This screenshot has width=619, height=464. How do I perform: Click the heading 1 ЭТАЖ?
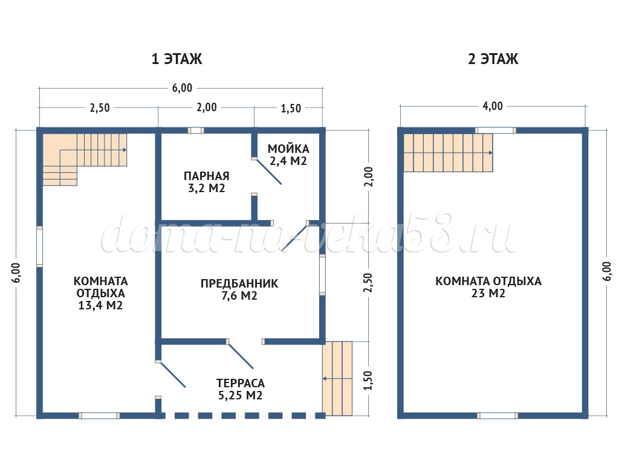[x=177, y=59]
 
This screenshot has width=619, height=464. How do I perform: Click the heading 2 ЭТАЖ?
[x=493, y=59]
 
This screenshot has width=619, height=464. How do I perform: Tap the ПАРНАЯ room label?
[x=207, y=176]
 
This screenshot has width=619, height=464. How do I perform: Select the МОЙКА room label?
[x=288, y=149]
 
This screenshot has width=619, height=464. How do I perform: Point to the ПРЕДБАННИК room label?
[x=239, y=283]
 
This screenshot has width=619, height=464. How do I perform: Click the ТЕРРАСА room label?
[x=241, y=383]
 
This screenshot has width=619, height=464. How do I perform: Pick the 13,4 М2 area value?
[x=100, y=305]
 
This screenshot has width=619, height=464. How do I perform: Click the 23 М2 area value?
[x=488, y=293]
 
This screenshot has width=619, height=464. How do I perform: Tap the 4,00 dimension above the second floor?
[x=493, y=106]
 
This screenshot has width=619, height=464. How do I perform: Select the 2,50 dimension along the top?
[x=100, y=108]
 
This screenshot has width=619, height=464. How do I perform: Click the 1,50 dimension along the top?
[x=291, y=108]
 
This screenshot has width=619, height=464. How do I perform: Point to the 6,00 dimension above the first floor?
[x=182, y=88]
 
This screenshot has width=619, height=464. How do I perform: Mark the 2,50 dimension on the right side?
[x=368, y=283]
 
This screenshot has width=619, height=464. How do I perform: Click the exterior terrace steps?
[x=337, y=378]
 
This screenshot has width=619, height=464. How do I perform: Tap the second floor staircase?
[x=448, y=153]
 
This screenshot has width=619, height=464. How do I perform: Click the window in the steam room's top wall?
[x=196, y=130]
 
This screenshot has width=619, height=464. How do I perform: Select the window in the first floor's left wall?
[x=39, y=246]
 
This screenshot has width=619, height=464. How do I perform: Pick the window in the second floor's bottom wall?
[x=497, y=416]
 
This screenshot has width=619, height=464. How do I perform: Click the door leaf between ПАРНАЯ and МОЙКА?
[x=268, y=172]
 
